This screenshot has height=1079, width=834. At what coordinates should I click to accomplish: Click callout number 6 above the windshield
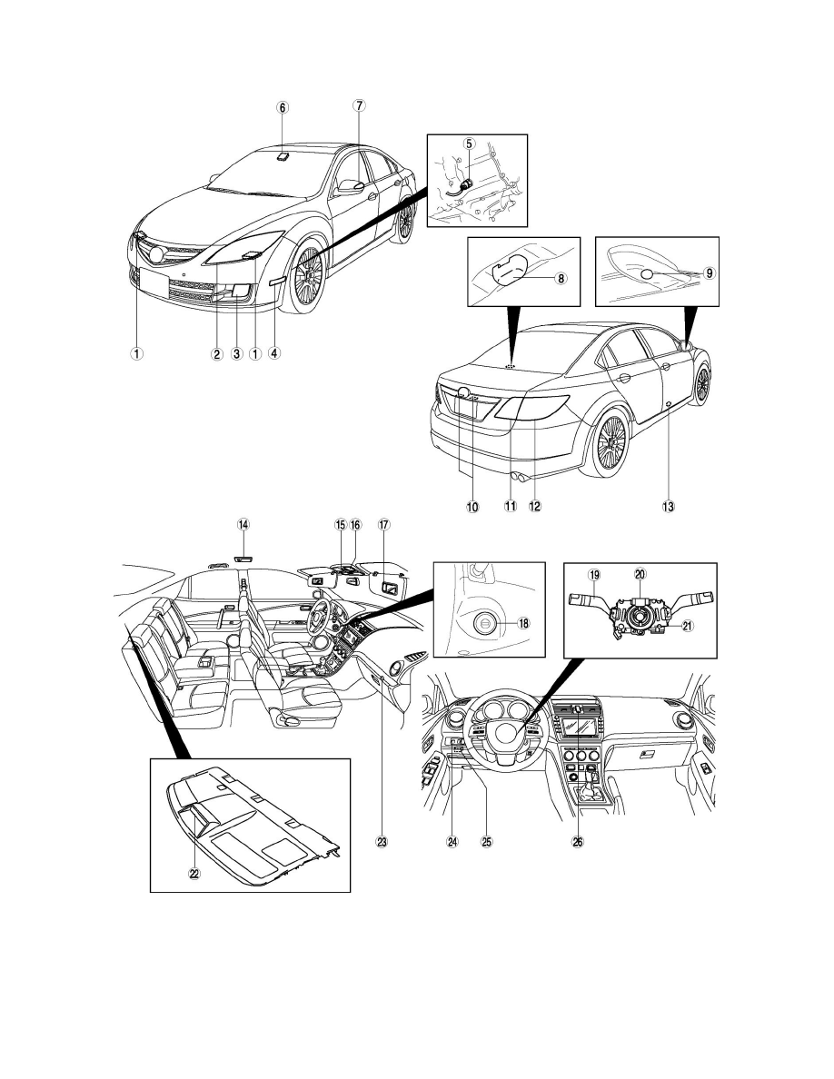(282, 106)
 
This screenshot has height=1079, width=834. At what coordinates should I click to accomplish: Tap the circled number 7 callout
(359, 105)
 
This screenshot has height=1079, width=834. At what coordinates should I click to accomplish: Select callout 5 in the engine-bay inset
(469, 144)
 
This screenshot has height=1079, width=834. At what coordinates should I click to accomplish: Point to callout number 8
(561, 279)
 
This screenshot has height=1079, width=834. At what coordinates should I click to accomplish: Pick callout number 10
(472, 507)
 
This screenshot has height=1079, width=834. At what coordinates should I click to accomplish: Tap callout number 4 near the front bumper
(273, 354)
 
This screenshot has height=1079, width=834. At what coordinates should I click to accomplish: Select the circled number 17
(384, 524)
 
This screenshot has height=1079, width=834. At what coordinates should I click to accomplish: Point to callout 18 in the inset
(524, 623)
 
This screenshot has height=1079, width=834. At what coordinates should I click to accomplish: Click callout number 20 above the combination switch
(640, 575)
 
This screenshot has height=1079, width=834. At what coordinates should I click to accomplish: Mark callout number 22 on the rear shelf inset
(194, 873)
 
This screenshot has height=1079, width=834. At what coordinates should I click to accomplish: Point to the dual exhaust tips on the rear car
(519, 475)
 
